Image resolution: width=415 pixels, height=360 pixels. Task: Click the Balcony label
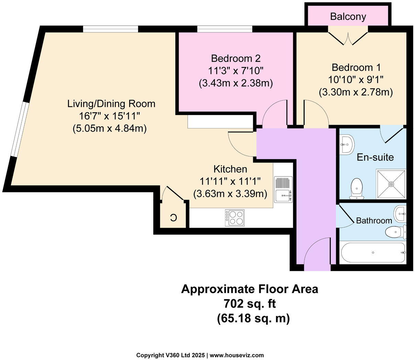(x=348, y=16)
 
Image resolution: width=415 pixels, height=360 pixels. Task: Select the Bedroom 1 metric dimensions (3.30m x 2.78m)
(x=356, y=92)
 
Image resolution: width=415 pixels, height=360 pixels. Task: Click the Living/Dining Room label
(x=111, y=103)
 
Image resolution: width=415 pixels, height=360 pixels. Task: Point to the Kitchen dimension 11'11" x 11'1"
(x=230, y=181)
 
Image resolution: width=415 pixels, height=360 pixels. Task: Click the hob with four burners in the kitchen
(x=235, y=218)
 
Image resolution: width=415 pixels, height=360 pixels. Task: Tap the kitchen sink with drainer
(x=283, y=190)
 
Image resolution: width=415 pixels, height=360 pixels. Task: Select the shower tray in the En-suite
(x=391, y=184)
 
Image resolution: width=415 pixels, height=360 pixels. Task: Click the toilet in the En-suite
(x=356, y=189)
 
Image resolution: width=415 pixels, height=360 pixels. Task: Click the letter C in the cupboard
(x=173, y=217)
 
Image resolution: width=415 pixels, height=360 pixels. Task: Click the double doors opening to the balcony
(x=348, y=38)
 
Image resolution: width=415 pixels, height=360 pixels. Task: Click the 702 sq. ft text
(x=249, y=304)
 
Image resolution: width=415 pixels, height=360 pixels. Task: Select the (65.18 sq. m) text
(x=253, y=318)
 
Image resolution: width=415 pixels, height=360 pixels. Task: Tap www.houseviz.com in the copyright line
(x=237, y=355)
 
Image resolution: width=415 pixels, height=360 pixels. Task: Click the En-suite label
(x=375, y=157)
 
